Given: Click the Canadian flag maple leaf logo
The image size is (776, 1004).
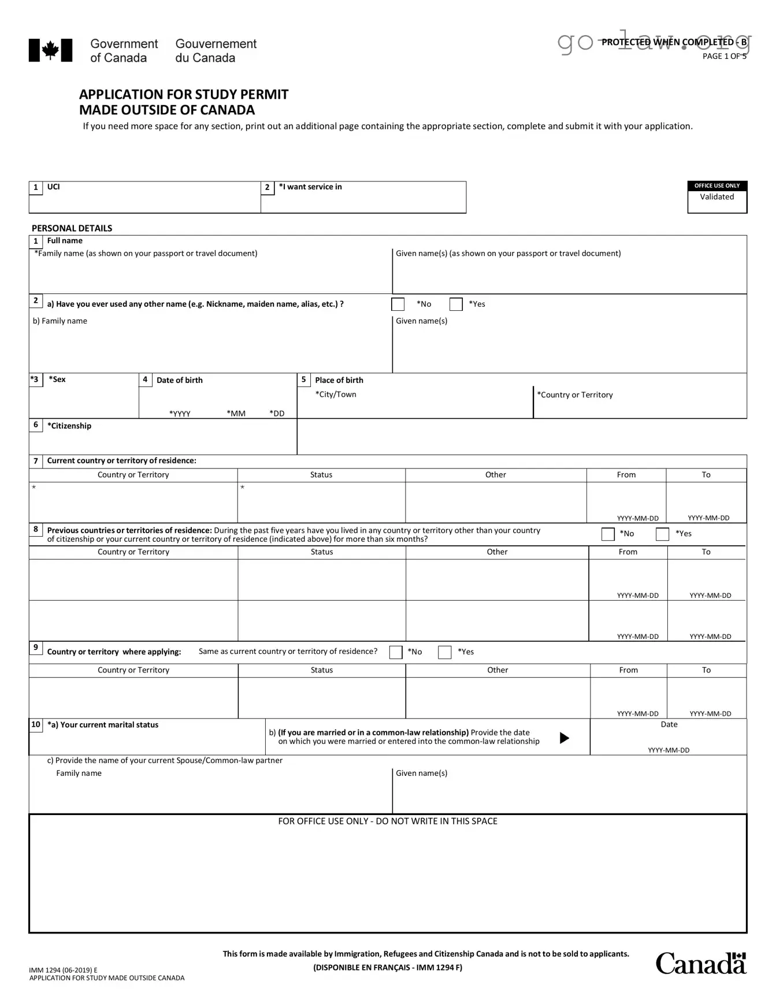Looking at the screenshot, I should pos(50,50).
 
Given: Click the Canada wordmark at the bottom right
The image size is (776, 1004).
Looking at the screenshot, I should pos(700,964).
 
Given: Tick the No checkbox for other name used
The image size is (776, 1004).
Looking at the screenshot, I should pos(398,304).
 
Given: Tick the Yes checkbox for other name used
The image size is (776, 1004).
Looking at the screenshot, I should pos(456,304).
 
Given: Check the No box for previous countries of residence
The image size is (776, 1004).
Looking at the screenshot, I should pos(608,534).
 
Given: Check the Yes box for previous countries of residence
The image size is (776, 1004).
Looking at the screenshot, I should pos(662,534).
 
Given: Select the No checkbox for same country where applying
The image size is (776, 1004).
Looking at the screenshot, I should pos(396,652).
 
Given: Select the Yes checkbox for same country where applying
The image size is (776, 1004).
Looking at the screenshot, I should pos(444,652).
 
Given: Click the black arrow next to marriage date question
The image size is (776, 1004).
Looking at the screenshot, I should pos(565,738).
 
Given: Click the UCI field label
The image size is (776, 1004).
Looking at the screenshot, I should pos(53,187).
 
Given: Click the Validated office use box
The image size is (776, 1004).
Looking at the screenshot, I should pos(716,197).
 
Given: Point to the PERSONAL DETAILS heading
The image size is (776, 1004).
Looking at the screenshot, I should pos(72,228).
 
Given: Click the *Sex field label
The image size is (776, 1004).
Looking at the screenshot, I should pos(57,380).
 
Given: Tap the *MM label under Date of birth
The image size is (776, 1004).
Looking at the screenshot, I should pos(236,414).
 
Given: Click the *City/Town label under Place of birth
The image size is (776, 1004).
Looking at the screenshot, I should pos(336,395).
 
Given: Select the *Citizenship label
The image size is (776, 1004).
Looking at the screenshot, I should pos(69,426).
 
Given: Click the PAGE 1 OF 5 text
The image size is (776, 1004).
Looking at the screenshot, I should pos(724,56).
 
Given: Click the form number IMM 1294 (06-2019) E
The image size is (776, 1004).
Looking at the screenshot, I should pos(64,970).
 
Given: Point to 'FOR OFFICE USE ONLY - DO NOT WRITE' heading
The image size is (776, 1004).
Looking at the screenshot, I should pos(388,821).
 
